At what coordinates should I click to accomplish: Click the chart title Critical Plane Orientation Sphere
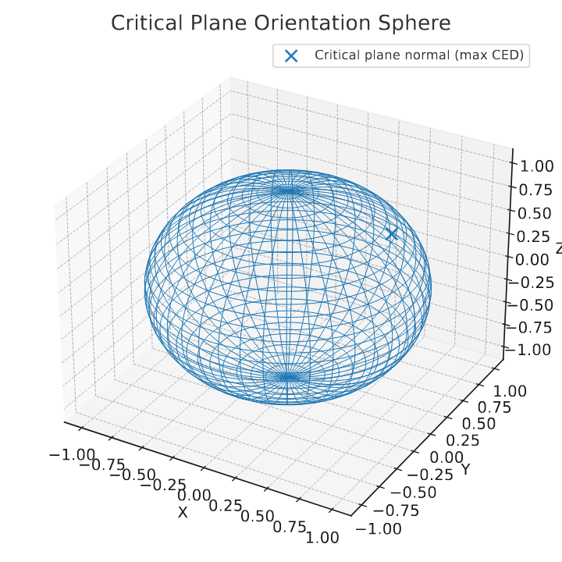(281, 23)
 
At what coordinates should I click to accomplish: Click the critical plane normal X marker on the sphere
(392, 234)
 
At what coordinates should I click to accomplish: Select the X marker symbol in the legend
(291, 55)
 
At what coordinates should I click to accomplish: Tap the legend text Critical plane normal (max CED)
(419, 55)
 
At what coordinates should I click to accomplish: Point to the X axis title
(183, 512)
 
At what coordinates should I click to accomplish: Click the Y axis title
(465, 469)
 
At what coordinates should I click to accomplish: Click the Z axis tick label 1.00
(536, 167)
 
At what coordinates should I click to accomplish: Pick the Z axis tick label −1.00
(528, 350)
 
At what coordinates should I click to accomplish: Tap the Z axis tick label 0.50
(535, 214)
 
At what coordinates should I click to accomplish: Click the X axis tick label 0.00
(194, 496)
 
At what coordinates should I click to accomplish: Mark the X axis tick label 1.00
(318, 538)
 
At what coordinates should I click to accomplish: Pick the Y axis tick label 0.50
(478, 424)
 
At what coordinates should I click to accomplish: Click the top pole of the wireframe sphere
(288, 190)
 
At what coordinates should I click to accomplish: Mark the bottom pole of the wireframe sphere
(288, 377)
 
